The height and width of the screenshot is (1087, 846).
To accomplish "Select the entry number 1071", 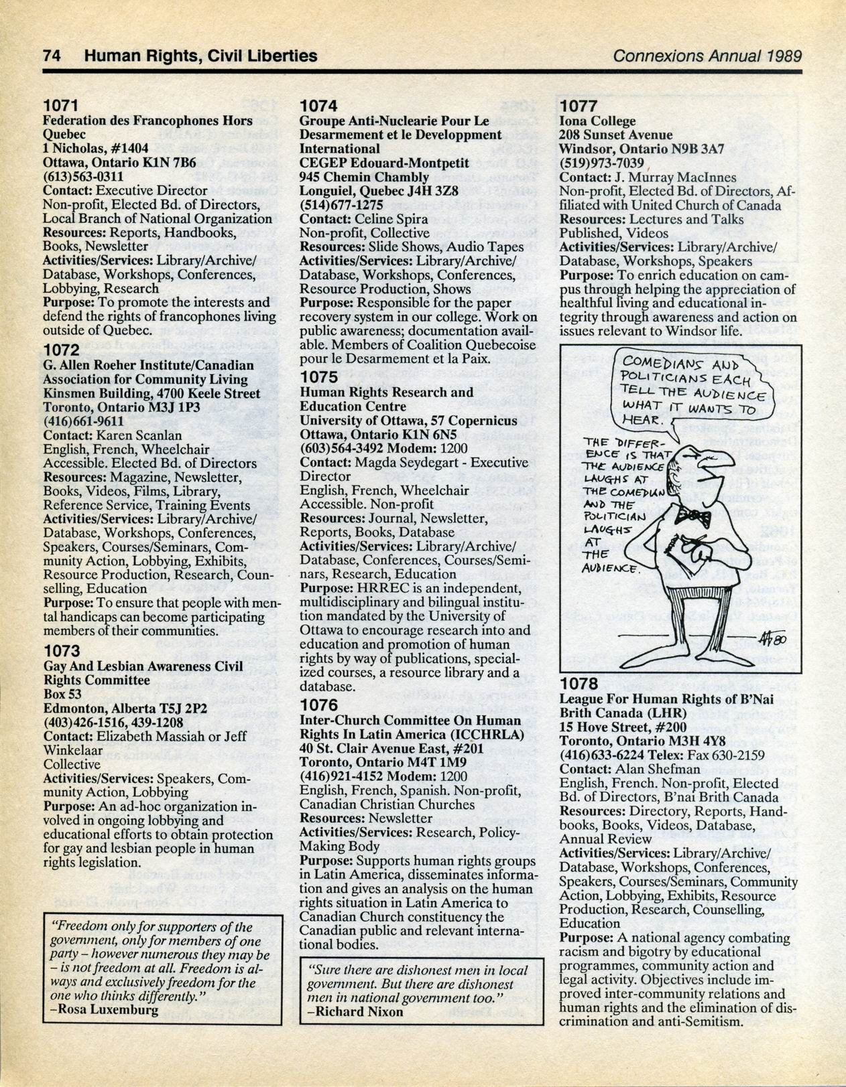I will coord(62,106).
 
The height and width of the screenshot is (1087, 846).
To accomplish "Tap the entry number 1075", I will coord(318,377).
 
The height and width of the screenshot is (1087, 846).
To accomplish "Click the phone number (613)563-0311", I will coord(83,176).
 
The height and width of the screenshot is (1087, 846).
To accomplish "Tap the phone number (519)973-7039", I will coord(601,163).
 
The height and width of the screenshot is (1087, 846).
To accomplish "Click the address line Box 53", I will coord(62,694).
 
